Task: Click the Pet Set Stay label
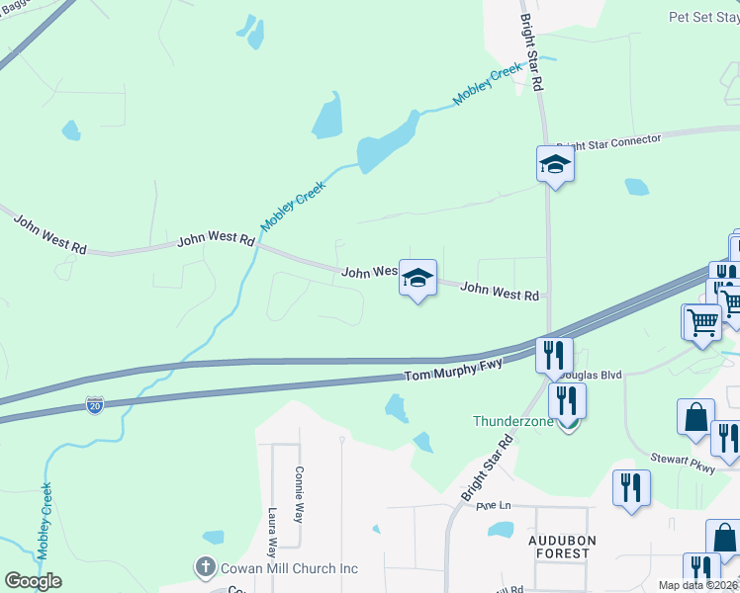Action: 702,17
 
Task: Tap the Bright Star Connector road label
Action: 608,144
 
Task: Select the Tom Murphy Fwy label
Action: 454,372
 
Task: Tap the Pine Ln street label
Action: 493,505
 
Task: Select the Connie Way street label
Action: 299,493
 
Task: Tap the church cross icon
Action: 205,567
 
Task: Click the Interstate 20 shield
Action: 94,406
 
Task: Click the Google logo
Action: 33,580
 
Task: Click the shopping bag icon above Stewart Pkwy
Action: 695,417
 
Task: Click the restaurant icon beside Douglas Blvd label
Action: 554,355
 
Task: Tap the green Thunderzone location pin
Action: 567,423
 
